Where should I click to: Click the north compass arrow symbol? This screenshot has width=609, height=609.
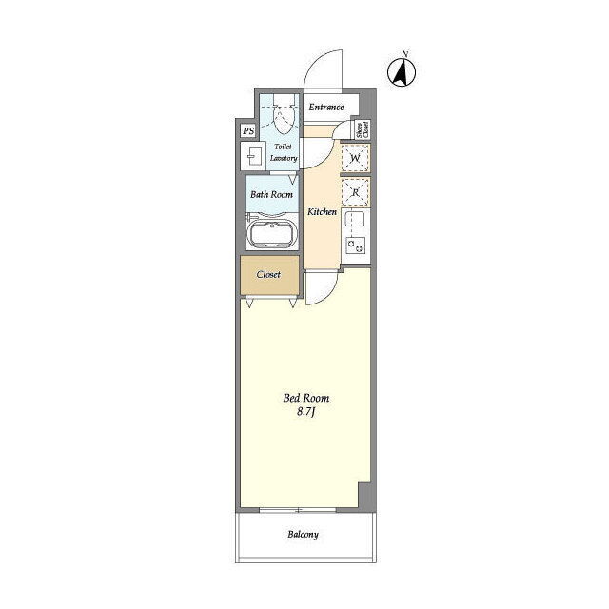402,71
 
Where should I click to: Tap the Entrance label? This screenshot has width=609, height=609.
326,107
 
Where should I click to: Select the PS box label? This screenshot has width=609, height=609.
248,131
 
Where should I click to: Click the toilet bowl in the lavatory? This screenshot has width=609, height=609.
283,116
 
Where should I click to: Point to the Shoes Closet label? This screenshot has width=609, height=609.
362,129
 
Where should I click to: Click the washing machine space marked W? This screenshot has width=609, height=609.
355,158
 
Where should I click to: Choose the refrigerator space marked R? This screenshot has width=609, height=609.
355,192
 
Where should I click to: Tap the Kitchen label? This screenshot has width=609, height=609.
322,211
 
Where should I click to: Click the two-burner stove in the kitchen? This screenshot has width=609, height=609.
355,246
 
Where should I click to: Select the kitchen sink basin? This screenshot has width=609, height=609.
354,219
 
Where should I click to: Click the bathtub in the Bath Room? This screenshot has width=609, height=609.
271,234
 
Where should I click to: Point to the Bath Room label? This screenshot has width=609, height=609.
271,194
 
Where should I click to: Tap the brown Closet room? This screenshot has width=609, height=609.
269,275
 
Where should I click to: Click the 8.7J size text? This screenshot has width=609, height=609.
306,412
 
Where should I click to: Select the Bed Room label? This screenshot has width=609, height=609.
306,398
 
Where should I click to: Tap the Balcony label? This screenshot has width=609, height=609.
303,535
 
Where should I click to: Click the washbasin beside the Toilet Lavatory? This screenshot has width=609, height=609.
252,156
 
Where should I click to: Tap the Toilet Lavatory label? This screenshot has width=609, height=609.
284,152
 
